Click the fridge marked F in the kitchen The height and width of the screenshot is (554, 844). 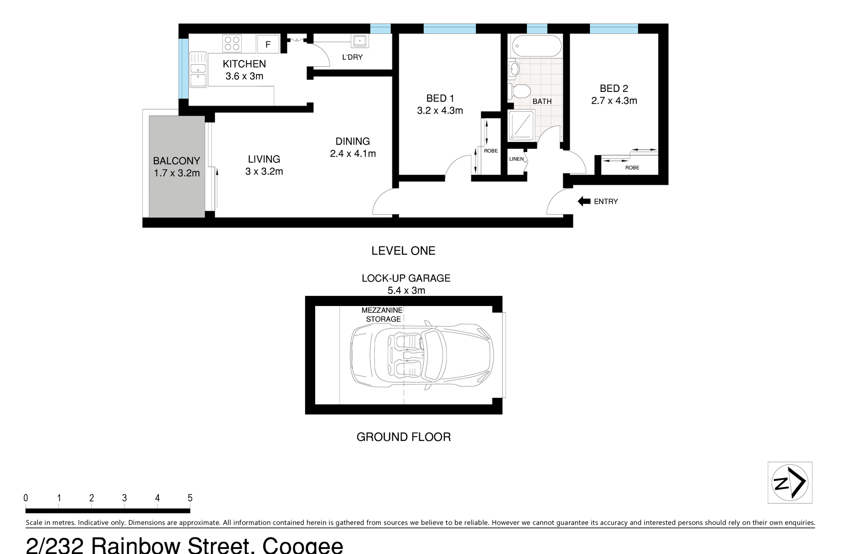pyautogui.click(x=268, y=44)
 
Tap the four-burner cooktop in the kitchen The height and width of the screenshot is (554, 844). pyautogui.click(x=232, y=44)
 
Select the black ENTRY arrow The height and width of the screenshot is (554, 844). pyautogui.click(x=584, y=201)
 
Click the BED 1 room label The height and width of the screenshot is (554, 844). pyautogui.click(x=440, y=98)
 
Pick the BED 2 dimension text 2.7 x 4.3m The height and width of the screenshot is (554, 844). pyautogui.click(x=614, y=101)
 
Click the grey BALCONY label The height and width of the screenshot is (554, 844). pyautogui.click(x=176, y=161)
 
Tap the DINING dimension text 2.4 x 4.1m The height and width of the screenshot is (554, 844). pyautogui.click(x=353, y=153)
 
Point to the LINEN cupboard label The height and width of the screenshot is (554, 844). pyautogui.click(x=516, y=159)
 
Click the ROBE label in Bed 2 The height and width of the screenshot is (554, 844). pyautogui.click(x=632, y=168)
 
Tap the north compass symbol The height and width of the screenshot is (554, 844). pyautogui.click(x=790, y=482)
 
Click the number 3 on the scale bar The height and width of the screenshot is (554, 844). pyautogui.click(x=125, y=498)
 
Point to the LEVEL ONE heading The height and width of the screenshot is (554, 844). pyautogui.click(x=403, y=251)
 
